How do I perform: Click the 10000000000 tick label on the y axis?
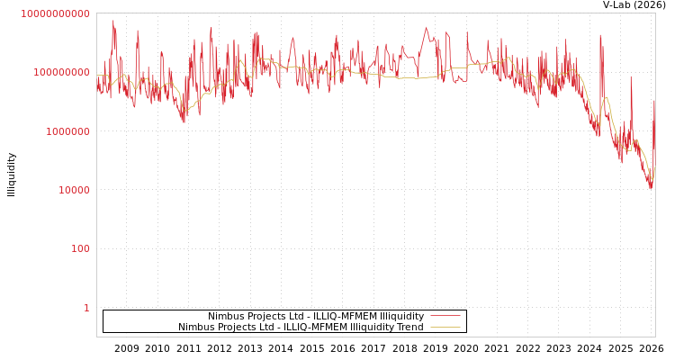pos(55,13)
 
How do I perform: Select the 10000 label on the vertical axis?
pos(73,190)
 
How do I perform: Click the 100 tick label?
pos(81,248)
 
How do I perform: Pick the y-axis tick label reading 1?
pos(86,308)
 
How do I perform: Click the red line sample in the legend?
pos(445,316)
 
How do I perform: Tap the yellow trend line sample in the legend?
pos(445,327)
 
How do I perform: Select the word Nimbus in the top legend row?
pos(227,316)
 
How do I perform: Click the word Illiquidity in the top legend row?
pos(402,316)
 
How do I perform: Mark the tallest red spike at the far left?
pos(113,22)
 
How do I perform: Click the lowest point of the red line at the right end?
pos(651,187)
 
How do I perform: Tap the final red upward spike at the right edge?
pos(654,102)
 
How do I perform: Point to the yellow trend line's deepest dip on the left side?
pos(184,111)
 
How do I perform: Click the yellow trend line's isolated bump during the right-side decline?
pos(606,97)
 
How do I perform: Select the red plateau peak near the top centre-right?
pos(427,28)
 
